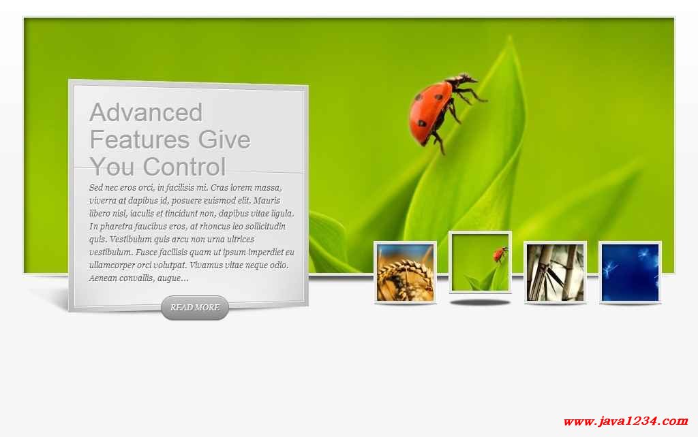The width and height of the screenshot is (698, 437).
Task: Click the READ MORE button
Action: [195, 307]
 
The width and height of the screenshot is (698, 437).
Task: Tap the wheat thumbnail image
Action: [405, 272]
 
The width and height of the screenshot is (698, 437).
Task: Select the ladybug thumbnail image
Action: [481, 262]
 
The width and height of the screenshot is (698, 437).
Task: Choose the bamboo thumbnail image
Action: [555, 272]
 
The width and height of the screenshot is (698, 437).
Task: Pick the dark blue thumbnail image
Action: [630, 272]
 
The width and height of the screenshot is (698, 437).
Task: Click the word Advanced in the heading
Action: [146, 112]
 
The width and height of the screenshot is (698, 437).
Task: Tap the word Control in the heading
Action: [184, 167]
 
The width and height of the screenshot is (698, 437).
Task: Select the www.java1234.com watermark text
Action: [626, 421]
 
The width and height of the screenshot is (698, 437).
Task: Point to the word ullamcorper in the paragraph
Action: [112, 265]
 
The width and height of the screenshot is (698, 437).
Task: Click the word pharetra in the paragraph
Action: [116, 227]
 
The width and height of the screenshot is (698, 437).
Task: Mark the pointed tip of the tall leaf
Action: [510, 38]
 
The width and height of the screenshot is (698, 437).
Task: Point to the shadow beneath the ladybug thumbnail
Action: [481, 302]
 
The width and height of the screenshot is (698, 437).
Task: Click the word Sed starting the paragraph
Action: [95, 188]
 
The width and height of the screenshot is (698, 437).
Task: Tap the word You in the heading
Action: [112, 167]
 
